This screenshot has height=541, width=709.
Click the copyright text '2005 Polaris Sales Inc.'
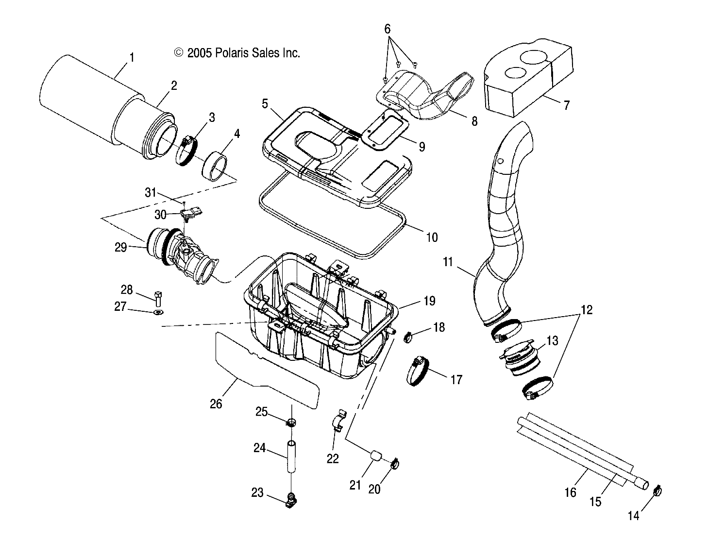(237, 53)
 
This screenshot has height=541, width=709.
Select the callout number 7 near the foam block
(566, 105)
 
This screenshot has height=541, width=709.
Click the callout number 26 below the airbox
(216, 403)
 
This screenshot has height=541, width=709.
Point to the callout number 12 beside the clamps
(587, 310)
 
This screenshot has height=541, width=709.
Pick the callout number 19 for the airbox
(429, 301)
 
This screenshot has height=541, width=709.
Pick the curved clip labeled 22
(339, 419)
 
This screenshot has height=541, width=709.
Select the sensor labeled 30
(194, 213)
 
